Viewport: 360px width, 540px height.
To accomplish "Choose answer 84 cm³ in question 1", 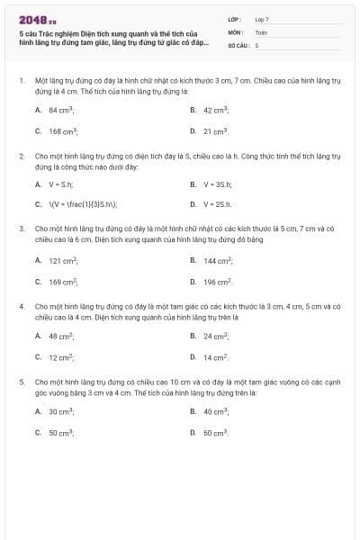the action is click(x=61, y=110).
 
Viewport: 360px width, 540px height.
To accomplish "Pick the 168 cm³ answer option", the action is click(x=62, y=131).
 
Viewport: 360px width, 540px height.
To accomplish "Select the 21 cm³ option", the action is click(x=215, y=131).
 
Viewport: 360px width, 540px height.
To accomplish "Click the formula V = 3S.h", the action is click(x=218, y=184).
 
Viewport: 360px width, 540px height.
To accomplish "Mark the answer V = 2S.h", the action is click(x=218, y=204).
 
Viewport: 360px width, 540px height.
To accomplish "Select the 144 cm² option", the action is click(x=218, y=260).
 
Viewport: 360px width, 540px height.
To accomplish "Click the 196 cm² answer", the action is click(x=218, y=282).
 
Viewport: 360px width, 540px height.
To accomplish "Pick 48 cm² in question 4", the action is click(x=61, y=337).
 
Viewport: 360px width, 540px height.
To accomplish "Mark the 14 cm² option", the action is click(x=215, y=358).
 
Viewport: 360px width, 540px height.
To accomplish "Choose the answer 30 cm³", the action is click(x=61, y=411).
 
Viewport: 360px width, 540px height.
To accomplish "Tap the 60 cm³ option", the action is click(x=215, y=433).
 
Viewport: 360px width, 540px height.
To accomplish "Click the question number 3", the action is click(x=22, y=229).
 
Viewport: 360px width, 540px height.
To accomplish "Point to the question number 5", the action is click(x=22, y=382).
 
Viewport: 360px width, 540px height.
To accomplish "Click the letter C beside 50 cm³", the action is click(x=38, y=433).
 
